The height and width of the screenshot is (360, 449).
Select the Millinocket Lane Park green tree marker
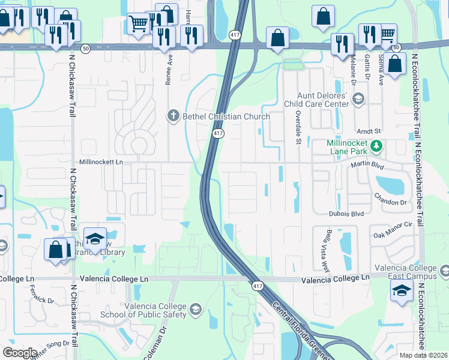click(376, 146)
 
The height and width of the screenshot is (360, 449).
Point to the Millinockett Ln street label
click(101, 162)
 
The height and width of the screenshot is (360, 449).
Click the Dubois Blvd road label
click(346, 213)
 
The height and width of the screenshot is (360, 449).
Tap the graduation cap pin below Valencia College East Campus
click(401, 292)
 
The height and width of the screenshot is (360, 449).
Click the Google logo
click(20, 353)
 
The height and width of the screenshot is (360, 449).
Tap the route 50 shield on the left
click(86, 48)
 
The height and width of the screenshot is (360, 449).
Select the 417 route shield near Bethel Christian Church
click(217, 134)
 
